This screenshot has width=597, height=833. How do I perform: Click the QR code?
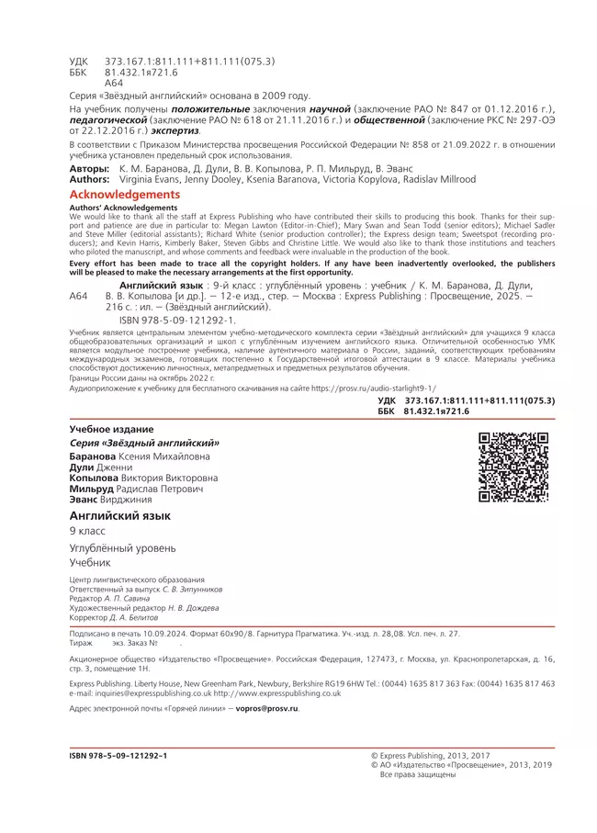pos(513,467)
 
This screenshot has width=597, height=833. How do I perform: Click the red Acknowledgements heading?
pos(125,195)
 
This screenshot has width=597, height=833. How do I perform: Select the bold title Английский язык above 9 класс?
pos(120,516)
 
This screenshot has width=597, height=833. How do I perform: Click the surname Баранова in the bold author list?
pos(93,456)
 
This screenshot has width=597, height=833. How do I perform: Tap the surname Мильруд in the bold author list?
pos(92,489)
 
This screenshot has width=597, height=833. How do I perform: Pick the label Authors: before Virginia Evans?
pos(90,180)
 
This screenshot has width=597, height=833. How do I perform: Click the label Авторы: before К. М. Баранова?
pos(88,170)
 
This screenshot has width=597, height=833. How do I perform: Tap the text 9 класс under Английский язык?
pos(88,532)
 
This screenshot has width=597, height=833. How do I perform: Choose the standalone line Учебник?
pos(90,562)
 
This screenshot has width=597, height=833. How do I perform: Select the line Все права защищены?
pos(418,774)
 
